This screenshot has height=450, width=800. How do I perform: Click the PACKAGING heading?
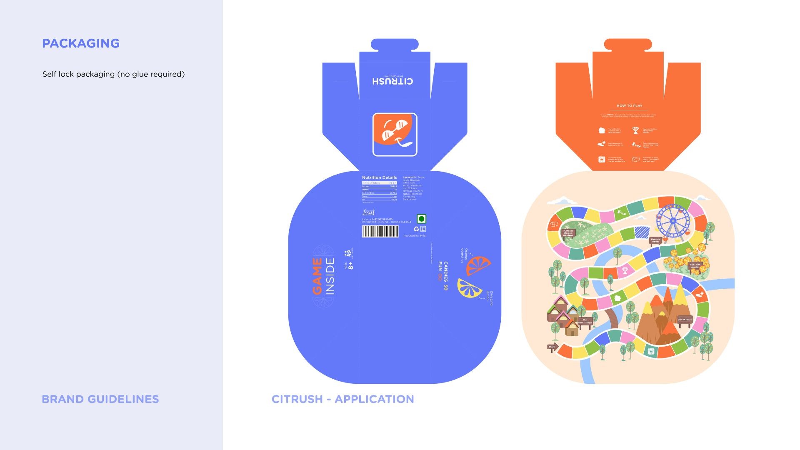(x=81, y=43)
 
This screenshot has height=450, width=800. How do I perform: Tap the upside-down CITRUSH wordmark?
(x=392, y=80)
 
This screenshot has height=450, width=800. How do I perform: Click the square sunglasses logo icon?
(x=395, y=135)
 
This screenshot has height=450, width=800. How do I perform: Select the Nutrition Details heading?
(x=379, y=177)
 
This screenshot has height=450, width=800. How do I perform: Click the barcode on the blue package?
(x=380, y=232)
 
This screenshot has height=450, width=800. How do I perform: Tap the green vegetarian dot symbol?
(x=422, y=219)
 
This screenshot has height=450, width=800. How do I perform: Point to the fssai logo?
(x=368, y=212)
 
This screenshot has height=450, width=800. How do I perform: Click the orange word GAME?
(x=317, y=276)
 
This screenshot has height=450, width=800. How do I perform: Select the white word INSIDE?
(x=330, y=276)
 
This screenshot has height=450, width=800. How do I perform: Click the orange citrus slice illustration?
(x=478, y=265)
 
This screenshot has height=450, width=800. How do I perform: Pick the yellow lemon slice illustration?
(x=470, y=288)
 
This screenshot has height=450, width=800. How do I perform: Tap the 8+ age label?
(x=351, y=265)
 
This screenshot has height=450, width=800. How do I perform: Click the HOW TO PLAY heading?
(x=629, y=106)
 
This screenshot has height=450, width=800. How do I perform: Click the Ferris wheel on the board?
(x=672, y=221)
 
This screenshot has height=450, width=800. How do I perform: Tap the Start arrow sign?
(x=552, y=347)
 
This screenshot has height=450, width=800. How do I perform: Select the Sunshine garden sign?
(x=695, y=265)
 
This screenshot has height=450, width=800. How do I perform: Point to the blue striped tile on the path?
(x=642, y=232)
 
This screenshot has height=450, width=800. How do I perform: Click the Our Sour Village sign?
(x=585, y=321)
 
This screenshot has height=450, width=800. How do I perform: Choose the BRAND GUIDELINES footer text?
(x=100, y=399)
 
